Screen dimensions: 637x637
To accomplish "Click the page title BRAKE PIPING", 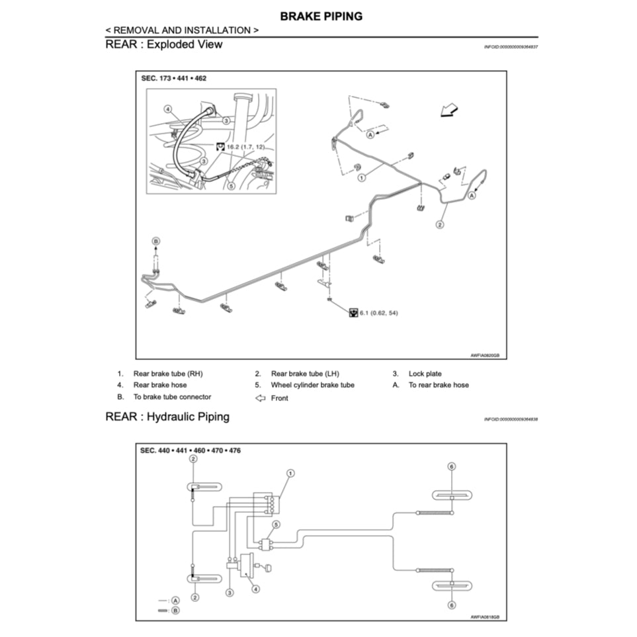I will tap(321, 16).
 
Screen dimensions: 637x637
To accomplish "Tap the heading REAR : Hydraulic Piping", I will tap(167, 417).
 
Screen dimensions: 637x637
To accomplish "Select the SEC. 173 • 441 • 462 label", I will tap(173, 78).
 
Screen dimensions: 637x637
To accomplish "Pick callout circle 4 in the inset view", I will tap(168, 108).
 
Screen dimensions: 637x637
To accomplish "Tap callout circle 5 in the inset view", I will tap(231, 187).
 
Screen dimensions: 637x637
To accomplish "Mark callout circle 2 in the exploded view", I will tap(439, 225).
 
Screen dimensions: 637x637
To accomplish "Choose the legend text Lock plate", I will tap(425, 374).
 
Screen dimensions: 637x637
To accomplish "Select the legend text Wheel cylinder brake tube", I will tap(312, 385).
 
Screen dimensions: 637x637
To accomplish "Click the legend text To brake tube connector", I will tap(172, 397).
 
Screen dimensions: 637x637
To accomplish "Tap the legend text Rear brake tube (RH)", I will tap(168, 374).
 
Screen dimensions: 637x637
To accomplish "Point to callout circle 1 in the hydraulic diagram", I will tap(290, 474).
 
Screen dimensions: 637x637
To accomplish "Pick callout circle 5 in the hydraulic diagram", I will tap(276, 525).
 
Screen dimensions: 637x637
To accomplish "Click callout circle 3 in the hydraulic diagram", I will tap(230, 593).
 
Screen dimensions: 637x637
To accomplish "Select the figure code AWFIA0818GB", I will tap(484, 616).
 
